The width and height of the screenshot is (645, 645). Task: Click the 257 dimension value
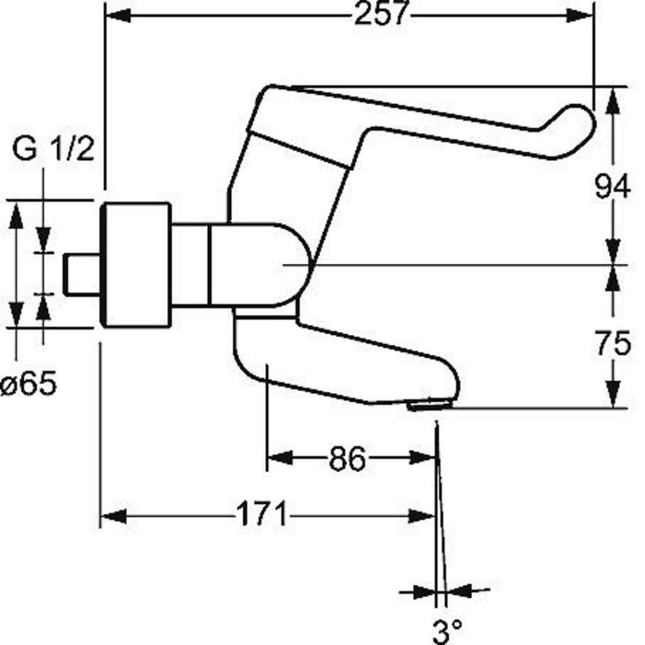[x=381, y=14]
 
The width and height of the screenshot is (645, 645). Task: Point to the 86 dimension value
[x=347, y=459]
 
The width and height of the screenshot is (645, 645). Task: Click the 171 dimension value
[x=261, y=514]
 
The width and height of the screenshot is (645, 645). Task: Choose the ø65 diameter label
[x=29, y=384]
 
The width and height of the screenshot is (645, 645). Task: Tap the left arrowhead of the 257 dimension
[x=118, y=16]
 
